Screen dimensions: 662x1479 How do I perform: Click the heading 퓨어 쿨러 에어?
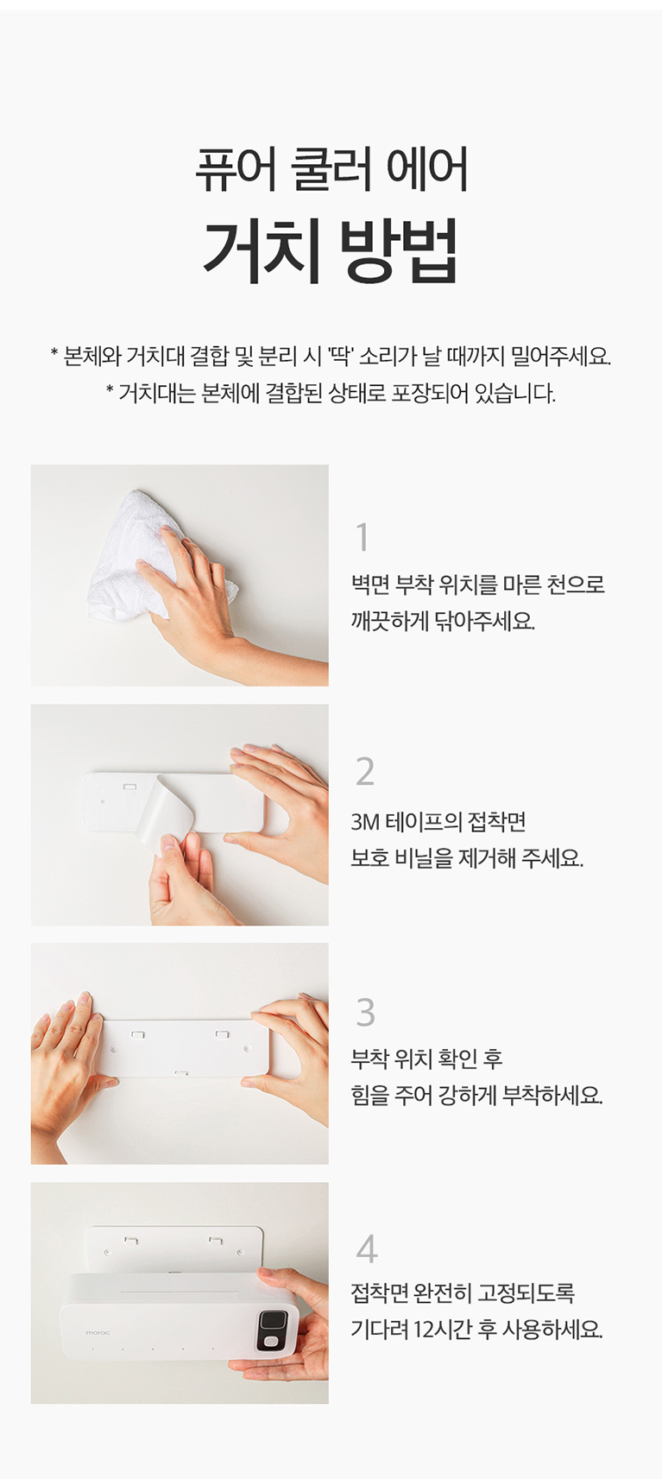pyautogui.click(x=331, y=170)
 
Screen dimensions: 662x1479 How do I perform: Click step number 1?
pyautogui.click(x=362, y=537)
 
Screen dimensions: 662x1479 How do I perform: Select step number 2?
pyautogui.click(x=365, y=771)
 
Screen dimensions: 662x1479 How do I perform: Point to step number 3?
pyautogui.click(x=365, y=1012)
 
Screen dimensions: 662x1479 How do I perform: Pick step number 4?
pyautogui.click(x=366, y=1248)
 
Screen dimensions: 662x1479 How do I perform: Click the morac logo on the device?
pyautogui.click(x=98, y=1333)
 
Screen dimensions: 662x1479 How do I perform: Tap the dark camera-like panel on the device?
pyautogui.click(x=272, y=1330)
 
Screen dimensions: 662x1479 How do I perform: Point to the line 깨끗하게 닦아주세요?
pyautogui.click(x=443, y=621)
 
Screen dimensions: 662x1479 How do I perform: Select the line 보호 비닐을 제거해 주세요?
pyautogui.click(x=467, y=858)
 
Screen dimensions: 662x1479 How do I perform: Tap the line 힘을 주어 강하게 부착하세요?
pyautogui.click(x=476, y=1096)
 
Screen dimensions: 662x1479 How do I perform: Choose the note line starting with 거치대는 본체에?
pyautogui.click(x=331, y=394)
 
